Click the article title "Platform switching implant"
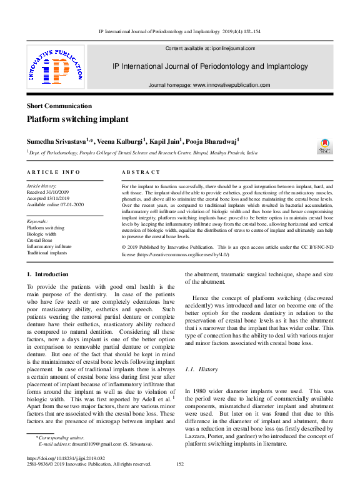pyautogui.click(x=77, y=119)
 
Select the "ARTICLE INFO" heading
pyautogui.click(x=54, y=172)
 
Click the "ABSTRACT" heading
pyautogui.click(x=141, y=172)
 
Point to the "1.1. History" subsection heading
pyautogui.click(x=201, y=370)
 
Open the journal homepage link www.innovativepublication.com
pyautogui.click(x=231, y=85)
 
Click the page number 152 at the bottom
pyautogui.click(x=180, y=464)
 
